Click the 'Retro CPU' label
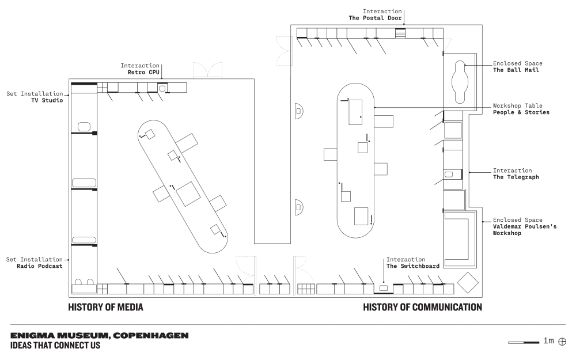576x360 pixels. coord(143,73)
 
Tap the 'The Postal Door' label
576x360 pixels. coord(375,18)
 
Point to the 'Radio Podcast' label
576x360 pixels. coord(40,266)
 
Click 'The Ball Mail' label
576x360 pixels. coord(516,70)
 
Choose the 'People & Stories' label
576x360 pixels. coord(521,112)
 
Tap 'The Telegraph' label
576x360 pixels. coord(516,177)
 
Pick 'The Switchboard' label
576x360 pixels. coord(413,266)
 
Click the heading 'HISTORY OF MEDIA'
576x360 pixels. coord(105,308)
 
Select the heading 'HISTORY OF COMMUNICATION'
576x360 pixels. coord(422,308)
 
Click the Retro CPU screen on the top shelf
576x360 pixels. coord(162,88)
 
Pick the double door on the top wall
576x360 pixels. coord(207,69)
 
